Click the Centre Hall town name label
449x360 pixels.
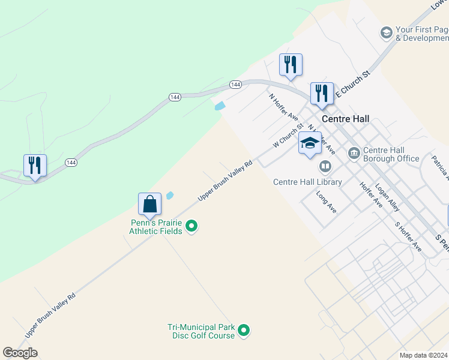pos(346,118)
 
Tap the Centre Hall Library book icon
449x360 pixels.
pos(325,166)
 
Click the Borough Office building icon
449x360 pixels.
pos(354,154)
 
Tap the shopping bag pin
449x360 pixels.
pos(149,204)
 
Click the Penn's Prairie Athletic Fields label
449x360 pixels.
pos(157,227)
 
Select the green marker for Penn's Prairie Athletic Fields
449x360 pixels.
pos(191,226)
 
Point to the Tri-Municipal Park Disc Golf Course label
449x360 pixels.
pos(200,331)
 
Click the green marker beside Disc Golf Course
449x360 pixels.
pos(244,330)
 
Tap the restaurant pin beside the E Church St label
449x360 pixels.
pos(322,94)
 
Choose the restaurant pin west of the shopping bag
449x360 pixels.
pos(35,166)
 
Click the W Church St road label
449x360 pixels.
pos(288,136)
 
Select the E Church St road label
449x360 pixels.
pos(354,83)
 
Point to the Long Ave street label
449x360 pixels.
pos(327,202)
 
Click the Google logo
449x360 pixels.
pos(20,353)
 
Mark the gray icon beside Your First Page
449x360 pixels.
pos(386,32)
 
